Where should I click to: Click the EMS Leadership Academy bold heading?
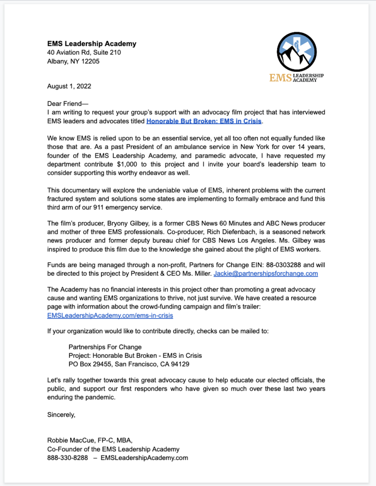click(x=92, y=44)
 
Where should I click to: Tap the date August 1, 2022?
click(x=69, y=86)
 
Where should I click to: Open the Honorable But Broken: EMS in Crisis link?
click(x=204, y=121)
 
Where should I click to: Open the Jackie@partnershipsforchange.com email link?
click(x=266, y=274)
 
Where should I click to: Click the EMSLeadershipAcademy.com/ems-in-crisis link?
click(x=110, y=315)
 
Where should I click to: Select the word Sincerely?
click(x=61, y=415)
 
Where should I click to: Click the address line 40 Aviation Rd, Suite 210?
click(x=84, y=53)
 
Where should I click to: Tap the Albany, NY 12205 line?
click(x=73, y=61)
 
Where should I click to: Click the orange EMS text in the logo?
click(x=280, y=78)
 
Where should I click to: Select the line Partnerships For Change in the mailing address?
click(x=105, y=347)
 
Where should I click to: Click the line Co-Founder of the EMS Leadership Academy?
click(x=113, y=449)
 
